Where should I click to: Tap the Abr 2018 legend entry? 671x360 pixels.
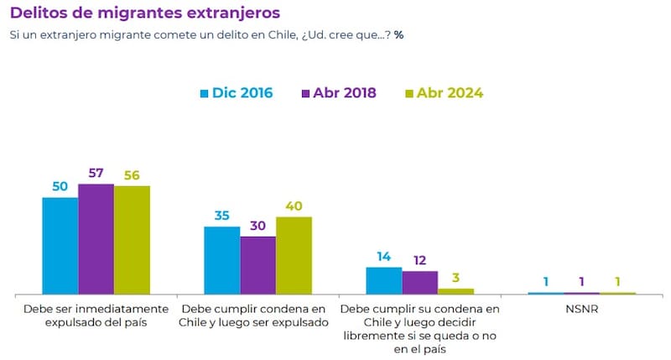tap(339, 93)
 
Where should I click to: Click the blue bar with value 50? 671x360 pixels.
tap(60, 245)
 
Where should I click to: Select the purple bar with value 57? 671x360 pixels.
tap(96, 238)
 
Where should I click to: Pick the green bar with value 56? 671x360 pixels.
tap(132, 239)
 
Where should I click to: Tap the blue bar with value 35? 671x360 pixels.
tap(221, 260)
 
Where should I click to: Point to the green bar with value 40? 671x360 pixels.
tap(294, 255)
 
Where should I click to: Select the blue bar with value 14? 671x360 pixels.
tap(383, 280)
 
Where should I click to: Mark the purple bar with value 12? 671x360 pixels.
tap(419, 282)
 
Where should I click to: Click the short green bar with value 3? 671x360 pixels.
tap(455, 290)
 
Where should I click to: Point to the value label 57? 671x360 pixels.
tap(96, 173)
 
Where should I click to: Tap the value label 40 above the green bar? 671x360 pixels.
tap(294, 206)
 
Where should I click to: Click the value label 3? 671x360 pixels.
tap(456, 278)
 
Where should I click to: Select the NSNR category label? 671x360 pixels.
tap(581, 309)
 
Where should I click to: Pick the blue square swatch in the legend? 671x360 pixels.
tap(204, 93)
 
